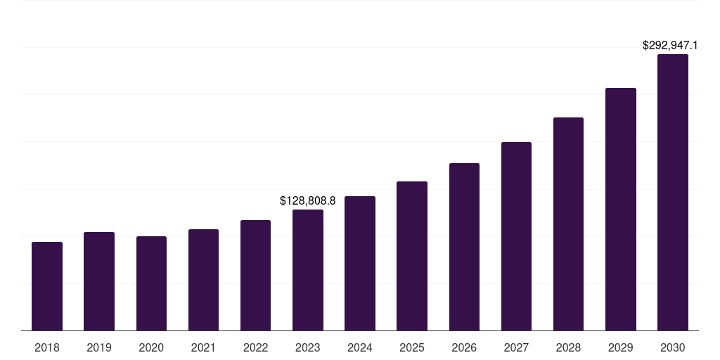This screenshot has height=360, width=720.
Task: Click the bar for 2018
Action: (x=47, y=286)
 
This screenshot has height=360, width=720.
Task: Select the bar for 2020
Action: (x=151, y=283)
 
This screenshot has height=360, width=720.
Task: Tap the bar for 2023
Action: (x=308, y=270)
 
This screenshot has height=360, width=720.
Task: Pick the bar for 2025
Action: (x=412, y=256)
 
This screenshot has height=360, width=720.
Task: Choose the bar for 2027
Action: (x=516, y=236)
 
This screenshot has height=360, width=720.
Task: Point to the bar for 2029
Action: (x=621, y=209)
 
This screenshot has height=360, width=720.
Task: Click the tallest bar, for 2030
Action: (x=673, y=192)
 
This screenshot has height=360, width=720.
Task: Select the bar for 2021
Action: (x=203, y=280)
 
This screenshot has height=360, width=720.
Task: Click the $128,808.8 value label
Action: (x=308, y=201)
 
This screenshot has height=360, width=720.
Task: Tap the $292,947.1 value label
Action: (x=670, y=46)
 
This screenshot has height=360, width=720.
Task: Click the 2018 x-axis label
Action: (x=47, y=347)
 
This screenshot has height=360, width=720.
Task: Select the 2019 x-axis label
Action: (x=99, y=347)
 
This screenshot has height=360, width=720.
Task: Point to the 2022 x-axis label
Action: (x=256, y=347)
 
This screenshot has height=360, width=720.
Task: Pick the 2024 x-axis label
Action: (x=360, y=347)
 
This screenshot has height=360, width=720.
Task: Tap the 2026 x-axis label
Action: (x=464, y=347)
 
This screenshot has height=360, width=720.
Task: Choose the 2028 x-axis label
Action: (x=568, y=347)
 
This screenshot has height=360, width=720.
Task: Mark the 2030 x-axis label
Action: (x=673, y=347)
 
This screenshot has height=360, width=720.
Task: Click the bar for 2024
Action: (x=360, y=263)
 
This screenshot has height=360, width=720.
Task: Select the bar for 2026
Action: (x=464, y=247)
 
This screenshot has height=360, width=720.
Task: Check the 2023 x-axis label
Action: (x=308, y=347)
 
